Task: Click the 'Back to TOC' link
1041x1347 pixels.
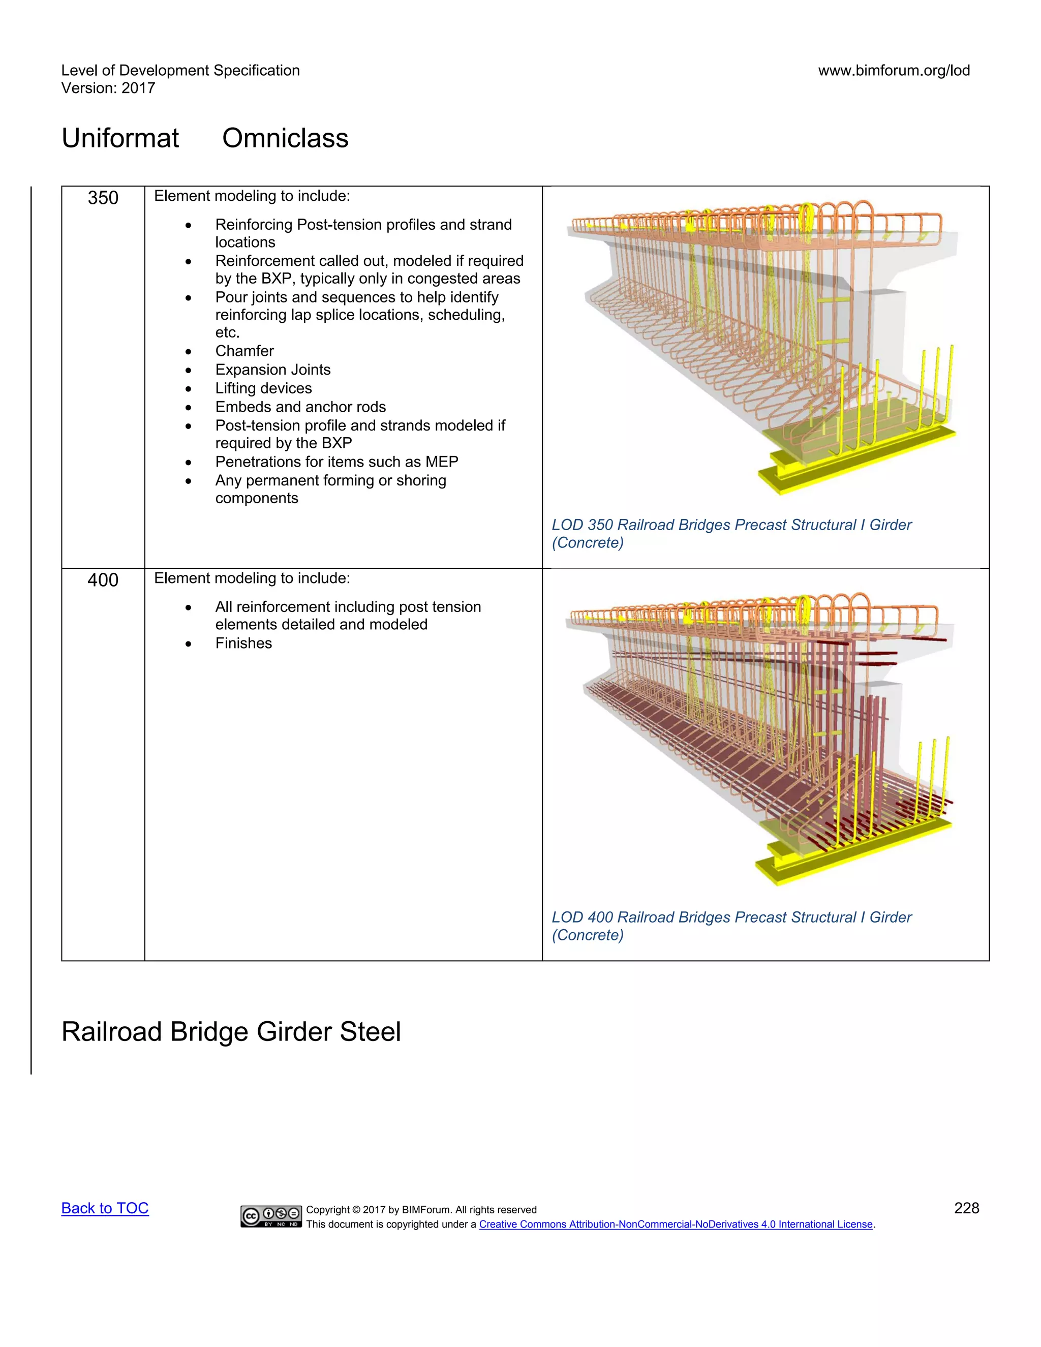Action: (x=105, y=1208)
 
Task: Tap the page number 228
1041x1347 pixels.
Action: (x=966, y=1208)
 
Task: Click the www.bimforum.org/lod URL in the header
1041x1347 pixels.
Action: (x=894, y=71)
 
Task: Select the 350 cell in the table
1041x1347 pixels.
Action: (x=103, y=198)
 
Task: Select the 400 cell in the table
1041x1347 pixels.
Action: (x=103, y=580)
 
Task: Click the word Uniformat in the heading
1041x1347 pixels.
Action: (x=120, y=138)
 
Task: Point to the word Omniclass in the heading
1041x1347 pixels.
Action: (x=285, y=138)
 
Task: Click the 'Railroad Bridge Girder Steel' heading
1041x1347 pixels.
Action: (x=231, y=1032)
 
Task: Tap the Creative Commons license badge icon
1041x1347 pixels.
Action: (x=271, y=1216)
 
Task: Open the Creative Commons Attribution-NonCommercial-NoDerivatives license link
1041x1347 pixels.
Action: (x=676, y=1224)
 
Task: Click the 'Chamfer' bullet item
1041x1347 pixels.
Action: (x=244, y=351)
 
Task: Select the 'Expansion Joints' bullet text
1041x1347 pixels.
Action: (x=272, y=370)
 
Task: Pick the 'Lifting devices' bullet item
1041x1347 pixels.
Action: (x=263, y=388)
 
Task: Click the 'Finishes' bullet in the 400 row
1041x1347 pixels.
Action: (x=243, y=644)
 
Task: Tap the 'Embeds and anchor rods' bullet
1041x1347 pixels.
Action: (x=300, y=407)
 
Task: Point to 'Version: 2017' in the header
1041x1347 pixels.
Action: (x=108, y=88)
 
